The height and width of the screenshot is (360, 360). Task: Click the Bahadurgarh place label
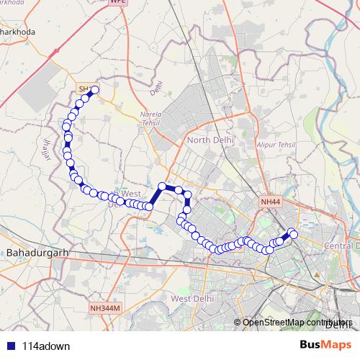coord(35,253)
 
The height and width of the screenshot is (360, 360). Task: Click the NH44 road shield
coord(270,203)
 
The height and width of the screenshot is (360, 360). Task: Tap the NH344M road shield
coord(107,308)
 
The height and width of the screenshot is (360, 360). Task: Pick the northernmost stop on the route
coord(94,90)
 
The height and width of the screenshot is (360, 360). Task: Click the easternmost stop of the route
coord(293,235)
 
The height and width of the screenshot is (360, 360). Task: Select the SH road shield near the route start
coord(84,89)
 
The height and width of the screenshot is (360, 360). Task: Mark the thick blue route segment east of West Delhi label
coord(156,197)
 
